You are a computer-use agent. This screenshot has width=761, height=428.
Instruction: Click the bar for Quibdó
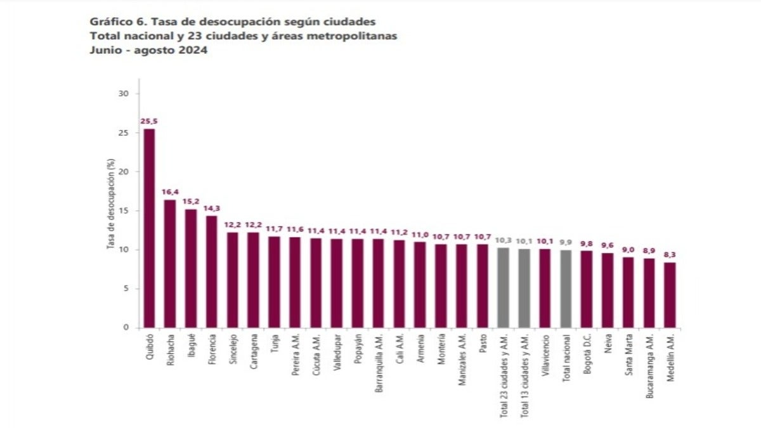coord(149,228)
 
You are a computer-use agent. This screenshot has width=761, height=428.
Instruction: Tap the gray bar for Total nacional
coord(566,289)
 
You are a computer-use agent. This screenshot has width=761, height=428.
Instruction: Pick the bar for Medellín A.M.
coord(670,295)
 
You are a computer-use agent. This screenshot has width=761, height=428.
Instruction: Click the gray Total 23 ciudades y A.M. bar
coord(503,288)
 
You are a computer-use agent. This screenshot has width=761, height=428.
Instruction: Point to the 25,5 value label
coord(149,120)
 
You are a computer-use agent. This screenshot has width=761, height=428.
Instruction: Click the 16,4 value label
coord(170,191)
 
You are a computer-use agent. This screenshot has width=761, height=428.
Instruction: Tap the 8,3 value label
coord(670,254)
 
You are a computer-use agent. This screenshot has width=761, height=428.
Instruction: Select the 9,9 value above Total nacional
coord(566,242)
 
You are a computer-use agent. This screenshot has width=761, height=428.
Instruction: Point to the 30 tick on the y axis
coord(124,94)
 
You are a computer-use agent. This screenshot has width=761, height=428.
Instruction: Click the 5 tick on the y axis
coord(126,289)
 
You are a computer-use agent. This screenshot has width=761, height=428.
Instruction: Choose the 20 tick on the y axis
coord(124,172)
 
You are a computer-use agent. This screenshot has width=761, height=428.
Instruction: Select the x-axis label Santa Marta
coord(629,356)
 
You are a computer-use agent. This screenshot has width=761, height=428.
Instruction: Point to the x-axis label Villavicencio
coord(545,360)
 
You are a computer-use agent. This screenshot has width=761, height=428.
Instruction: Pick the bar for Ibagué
coord(191,269)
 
